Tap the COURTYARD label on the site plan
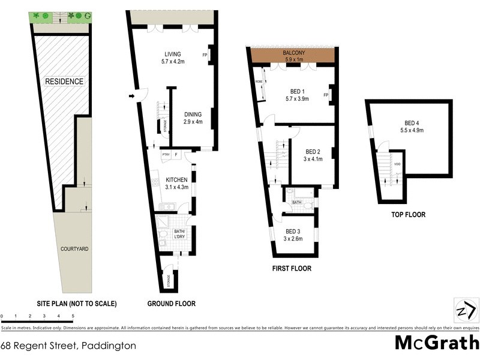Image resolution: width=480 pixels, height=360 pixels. [x=74, y=248]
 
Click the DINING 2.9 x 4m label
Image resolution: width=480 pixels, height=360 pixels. [x=193, y=118]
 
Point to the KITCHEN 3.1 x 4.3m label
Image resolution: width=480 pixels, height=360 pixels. [x=176, y=184]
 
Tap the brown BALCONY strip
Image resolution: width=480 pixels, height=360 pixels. [x=293, y=56]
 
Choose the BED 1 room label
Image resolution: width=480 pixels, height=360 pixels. [x=297, y=95]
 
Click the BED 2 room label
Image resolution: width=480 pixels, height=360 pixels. [x=314, y=155]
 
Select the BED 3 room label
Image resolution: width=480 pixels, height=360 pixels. [x=293, y=235]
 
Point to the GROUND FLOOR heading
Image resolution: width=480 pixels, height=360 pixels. [x=172, y=304]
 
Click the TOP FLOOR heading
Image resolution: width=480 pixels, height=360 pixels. [x=409, y=213]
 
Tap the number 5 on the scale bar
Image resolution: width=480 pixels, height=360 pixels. [x=73, y=316]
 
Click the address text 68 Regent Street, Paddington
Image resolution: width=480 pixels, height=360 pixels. [x=68, y=346]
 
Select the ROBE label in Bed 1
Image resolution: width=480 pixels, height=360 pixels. [x=259, y=81]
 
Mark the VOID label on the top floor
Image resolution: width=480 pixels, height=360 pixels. [x=397, y=164]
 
